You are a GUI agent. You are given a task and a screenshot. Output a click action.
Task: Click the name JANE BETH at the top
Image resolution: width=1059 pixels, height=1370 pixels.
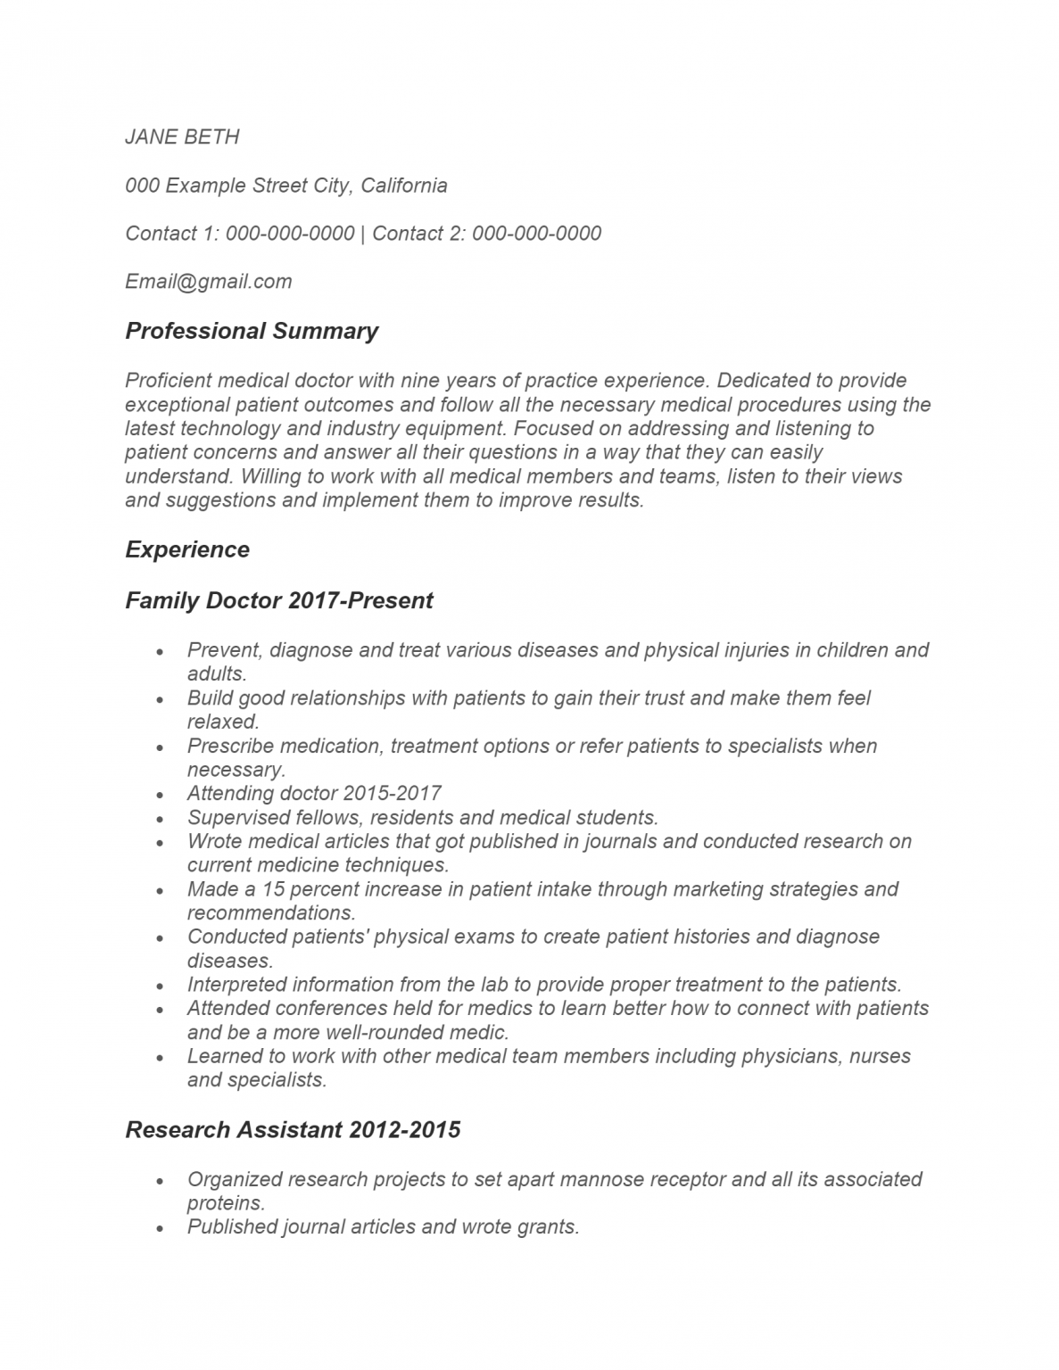(182, 136)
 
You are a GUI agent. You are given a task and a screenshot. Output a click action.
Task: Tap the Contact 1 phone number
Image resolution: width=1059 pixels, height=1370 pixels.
(290, 234)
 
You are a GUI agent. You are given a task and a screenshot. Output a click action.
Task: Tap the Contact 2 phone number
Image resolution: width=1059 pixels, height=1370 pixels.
(536, 234)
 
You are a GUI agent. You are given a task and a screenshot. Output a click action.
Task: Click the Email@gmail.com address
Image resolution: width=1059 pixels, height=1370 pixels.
(209, 282)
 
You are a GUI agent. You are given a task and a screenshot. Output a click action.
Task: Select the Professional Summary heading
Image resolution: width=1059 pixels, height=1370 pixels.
(252, 331)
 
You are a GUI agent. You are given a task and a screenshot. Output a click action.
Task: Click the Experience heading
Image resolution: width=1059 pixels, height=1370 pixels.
(187, 549)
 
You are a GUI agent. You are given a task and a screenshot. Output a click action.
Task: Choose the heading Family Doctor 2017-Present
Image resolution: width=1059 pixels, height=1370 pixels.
(278, 600)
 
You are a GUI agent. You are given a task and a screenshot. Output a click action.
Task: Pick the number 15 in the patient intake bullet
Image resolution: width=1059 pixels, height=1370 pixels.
(273, 889)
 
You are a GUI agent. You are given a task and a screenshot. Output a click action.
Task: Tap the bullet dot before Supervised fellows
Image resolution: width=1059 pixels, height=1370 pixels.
(160, 819)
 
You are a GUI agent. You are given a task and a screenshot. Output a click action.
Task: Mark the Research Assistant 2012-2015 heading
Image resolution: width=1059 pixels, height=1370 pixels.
(293, 1130)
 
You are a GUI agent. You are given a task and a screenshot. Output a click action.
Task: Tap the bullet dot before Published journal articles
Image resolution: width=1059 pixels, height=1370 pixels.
(160, 1228)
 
